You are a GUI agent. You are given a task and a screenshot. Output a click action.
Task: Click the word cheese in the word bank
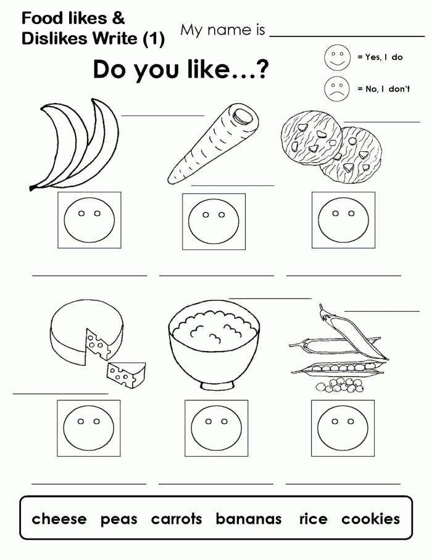coord(59,519)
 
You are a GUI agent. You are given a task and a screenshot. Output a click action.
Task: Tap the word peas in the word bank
coord(118,520)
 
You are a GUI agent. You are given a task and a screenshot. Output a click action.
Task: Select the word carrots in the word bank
coord(177,519)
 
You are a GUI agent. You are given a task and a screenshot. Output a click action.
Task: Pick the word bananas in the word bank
coord(249,519)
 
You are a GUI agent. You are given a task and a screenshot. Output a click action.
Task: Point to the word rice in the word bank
coord(314,519)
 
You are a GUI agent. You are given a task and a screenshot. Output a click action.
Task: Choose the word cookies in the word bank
coord(371,519)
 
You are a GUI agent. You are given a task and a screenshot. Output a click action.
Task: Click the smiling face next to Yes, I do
coord(337,57)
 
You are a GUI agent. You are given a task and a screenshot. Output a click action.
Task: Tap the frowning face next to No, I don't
coord(337,89)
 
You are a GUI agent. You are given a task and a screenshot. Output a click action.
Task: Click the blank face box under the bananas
coord(89,220)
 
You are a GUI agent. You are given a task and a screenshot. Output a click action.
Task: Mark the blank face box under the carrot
coord(214,222)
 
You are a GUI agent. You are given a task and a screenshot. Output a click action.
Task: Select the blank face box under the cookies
coord(344,220)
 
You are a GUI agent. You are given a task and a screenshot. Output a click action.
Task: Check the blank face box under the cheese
coord(89,428)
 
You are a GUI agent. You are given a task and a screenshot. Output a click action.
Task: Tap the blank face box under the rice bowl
coord(216,428)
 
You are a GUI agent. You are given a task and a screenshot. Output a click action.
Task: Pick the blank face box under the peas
coord(343,428)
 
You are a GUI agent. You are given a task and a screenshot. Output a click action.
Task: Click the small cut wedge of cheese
coord(126,375)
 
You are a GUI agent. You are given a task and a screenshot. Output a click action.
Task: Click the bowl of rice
coord(214,345)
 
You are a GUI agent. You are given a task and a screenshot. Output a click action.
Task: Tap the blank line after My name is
coord(347,36)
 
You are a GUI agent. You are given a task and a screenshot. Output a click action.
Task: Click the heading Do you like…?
coord(180,69)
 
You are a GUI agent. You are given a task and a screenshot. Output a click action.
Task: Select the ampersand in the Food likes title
coord(118,17)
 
